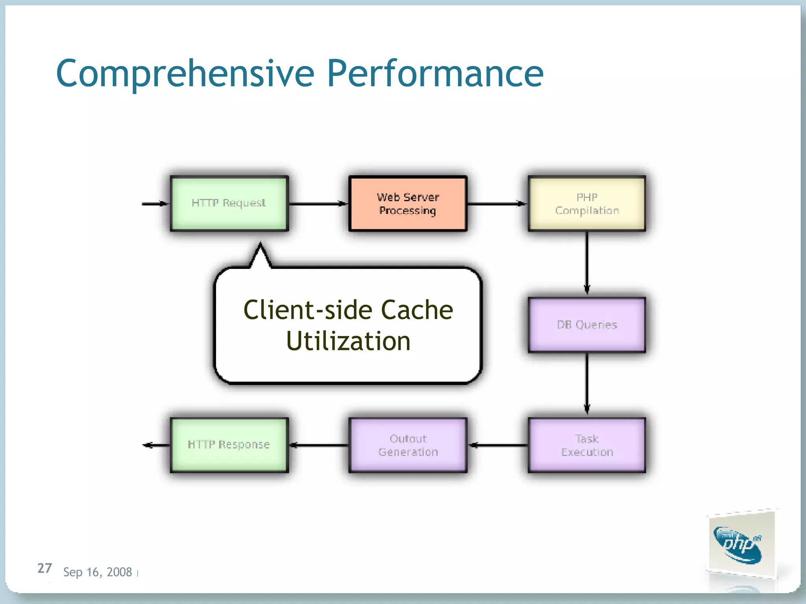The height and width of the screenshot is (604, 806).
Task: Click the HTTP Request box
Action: point(229,203)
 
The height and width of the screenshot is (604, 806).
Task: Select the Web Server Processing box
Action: point(408,203)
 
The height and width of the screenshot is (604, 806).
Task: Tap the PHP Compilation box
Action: point(586,203)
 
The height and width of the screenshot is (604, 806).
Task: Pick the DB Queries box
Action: point(586,324)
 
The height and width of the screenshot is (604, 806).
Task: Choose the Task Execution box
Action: point(586,445)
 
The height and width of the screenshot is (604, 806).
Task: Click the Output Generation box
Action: point(408,445)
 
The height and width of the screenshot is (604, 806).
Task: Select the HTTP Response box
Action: point(229,445)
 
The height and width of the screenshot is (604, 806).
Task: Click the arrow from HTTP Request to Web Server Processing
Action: point(318,204)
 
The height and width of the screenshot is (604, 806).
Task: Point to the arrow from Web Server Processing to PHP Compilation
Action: point(497,204)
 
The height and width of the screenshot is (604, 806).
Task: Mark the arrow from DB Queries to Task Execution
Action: point(587,383)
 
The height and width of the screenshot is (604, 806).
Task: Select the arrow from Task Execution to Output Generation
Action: point(497,445)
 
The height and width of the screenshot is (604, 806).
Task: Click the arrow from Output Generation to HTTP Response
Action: point(319,445)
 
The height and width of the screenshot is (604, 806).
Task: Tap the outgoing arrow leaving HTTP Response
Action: point(156,445)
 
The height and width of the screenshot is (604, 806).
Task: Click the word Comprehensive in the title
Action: point(185,74)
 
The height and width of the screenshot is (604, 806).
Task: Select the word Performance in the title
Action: point(435,74)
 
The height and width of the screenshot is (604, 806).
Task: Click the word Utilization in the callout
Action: point(348,341)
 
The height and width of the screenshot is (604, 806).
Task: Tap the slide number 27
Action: point(44,568)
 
